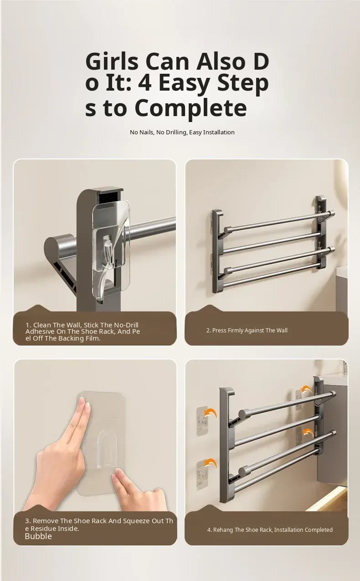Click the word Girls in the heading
click(x=112, y=62)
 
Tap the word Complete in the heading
click(x=190, y=108)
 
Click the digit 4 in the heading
click(x=145, y=83)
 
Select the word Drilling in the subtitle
click(x=172, y=133)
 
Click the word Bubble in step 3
click(x=38, y=536)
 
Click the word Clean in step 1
click(x=42, y=325)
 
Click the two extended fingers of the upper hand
click(x=83, y=416)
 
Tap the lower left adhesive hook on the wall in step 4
click(x=202, y=475)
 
